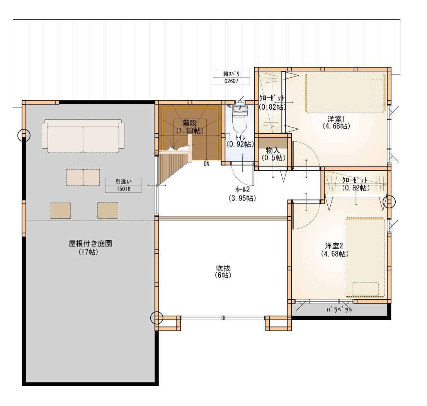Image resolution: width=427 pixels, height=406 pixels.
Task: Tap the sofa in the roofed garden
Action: click(83, 136)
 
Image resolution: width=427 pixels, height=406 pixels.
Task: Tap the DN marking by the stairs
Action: click(206, 164)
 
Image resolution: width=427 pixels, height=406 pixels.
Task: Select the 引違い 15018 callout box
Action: click(123, 185)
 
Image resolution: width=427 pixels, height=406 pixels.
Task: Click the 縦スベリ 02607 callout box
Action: click(231, 77)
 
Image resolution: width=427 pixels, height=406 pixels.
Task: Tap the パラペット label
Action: click(339, 309)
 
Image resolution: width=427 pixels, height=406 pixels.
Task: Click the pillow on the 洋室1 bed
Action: click(377, 93)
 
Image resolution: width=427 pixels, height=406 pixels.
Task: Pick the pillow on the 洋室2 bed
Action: click(365, 289)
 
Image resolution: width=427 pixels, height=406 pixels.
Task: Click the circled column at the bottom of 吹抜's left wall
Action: click(157, 318)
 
